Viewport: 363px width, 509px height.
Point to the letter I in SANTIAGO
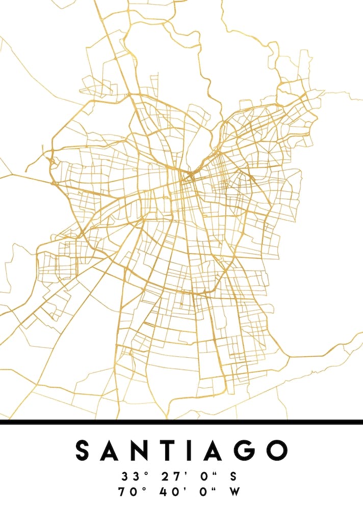click(x=191, y=450)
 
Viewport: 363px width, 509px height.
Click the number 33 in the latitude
click(x=129, y=477)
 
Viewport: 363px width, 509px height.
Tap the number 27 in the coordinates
click(x=169, y=477)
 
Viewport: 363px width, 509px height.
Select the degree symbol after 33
click(x=145, y=474)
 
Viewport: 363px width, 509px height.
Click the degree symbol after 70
click(x=143, y=489)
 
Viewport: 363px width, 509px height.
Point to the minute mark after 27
click(x=185, y=474)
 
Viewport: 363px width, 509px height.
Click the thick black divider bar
click(x=181, y=421)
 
